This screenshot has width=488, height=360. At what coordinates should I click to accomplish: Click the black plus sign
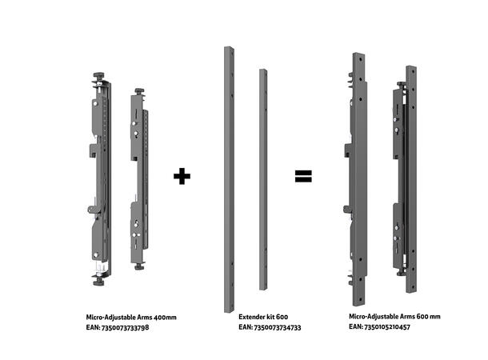[x=183, y=175]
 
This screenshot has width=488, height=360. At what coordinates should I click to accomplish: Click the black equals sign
[x=302, y=175]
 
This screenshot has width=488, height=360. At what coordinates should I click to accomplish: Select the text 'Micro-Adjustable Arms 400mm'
[x=131, y=318]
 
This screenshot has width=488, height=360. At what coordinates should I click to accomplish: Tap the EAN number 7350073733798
[x=118, y=328]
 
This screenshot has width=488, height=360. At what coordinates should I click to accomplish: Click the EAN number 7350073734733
[x=270, y=328]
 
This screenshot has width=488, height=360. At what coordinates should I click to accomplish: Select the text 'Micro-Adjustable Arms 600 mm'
[x=394, y=317]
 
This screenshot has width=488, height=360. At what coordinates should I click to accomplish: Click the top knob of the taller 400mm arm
[x=99, y=75]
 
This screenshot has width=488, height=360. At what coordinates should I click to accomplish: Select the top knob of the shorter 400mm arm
[x=139, y=92]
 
